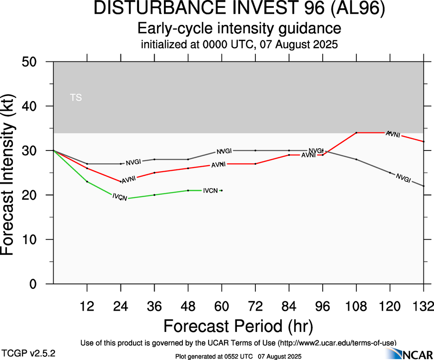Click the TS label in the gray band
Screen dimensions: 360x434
click(76, 97)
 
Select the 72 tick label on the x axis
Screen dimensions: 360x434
click(255, 306)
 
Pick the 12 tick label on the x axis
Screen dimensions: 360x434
click(87, 306)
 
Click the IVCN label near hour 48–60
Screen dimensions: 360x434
click(211, 190)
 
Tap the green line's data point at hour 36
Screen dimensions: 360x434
click(154, 195)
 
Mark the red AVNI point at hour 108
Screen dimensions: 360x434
click(356, 132)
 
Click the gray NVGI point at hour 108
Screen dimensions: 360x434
click(356, 159)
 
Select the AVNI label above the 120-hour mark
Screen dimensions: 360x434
click(392, 134)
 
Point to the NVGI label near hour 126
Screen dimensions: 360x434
click(403, 179)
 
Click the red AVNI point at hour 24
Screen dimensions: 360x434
click(121, 181)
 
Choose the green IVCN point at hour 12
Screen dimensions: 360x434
click(87, 181)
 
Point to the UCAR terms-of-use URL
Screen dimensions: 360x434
click(337, 343)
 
